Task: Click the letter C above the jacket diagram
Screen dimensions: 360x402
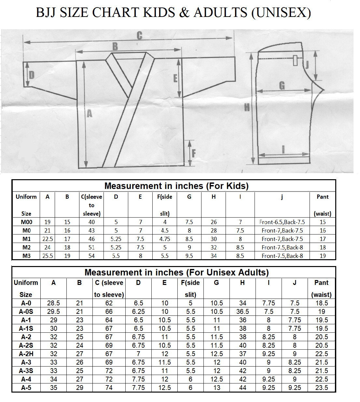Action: pos(140,35)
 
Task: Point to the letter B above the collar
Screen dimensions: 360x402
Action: pos(115,47)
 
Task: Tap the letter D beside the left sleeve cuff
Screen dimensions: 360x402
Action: pos(32,75)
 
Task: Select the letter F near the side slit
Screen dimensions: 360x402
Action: pos(194,154)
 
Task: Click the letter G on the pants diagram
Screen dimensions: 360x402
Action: pos(282,86)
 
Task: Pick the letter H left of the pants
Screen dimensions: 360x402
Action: pos(247,108)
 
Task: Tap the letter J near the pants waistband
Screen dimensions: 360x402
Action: pos(307,65)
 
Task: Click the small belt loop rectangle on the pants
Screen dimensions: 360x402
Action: pos(295,60)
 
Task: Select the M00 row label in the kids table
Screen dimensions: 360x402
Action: pos(26,222)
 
